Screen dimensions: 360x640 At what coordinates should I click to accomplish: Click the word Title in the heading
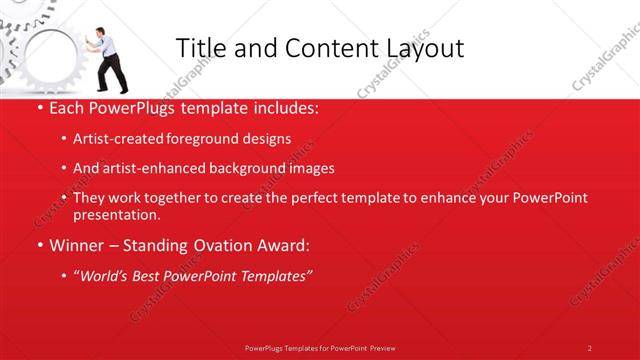coord(198,48)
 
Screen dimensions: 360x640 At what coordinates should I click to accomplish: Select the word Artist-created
coord(114,139)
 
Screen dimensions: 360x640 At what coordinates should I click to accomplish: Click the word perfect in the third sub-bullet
coord(314,199)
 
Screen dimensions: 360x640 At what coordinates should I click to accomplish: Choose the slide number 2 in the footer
coord(589,347)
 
